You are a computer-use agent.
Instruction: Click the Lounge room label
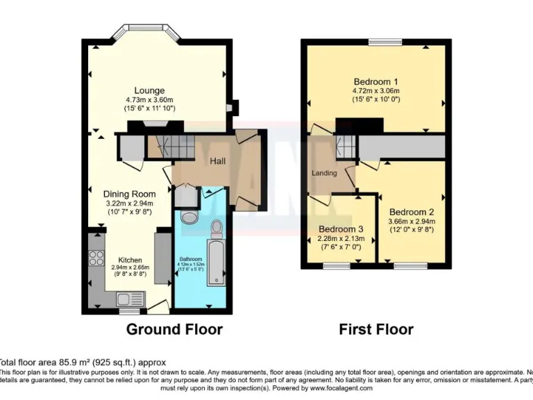149,90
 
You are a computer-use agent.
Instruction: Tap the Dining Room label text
129,194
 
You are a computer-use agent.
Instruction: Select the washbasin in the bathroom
187,217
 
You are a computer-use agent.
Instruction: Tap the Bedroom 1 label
375,81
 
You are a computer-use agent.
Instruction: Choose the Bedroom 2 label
412,212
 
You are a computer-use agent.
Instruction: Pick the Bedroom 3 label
341,229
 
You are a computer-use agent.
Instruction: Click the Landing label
324,173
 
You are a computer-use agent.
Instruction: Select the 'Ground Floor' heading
174,329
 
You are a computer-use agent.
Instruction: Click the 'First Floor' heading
375,329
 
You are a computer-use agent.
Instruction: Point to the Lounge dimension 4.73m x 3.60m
149,100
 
